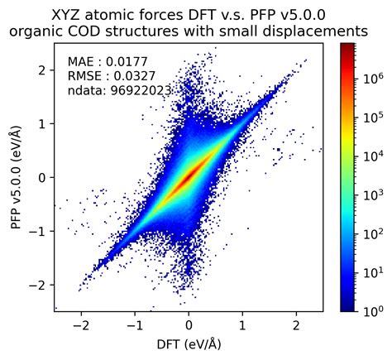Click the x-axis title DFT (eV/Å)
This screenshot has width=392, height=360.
coord(189,343)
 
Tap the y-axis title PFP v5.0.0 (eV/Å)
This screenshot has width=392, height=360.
coord(15,177)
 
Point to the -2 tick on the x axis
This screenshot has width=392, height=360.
coord(79,325)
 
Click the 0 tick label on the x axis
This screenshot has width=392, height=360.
coord(189,325)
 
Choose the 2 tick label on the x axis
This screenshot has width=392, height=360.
coord(296,325)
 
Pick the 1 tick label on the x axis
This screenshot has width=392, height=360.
coord(242,325)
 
